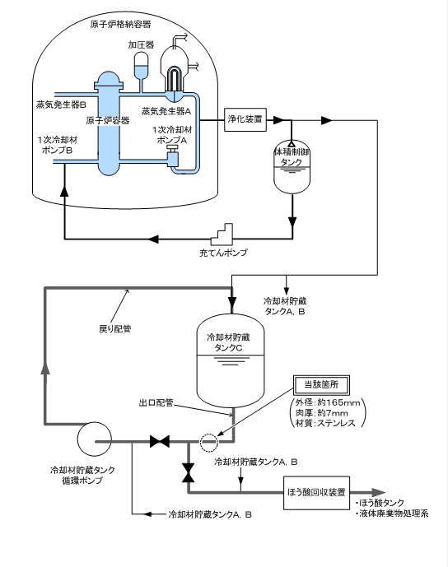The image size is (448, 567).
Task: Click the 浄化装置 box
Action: [x=245, y=119]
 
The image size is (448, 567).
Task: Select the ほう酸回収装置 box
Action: [x=316, y=492]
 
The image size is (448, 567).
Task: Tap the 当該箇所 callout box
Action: [x=321, y=385]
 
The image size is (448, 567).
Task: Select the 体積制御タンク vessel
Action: [x=292, y=167]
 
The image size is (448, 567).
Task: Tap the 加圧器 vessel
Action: [x=141, y=66]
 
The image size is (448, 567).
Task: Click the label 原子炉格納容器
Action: [x=120, y=24]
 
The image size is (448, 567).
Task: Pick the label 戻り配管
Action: [x=115, y=328]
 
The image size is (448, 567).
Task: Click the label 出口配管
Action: [x=156, y=402]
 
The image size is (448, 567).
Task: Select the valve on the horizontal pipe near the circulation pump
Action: [x=160, y=442]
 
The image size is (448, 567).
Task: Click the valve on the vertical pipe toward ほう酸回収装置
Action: [x=188, y=472]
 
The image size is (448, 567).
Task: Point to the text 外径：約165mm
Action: [x=328, y=402]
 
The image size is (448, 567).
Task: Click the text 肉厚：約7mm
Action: [x=322, y=413]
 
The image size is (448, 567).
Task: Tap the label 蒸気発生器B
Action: [x=61, y=105]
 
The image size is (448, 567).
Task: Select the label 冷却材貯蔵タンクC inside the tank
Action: [x=228, y=342]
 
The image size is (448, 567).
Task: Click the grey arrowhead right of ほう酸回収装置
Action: [x=379, y=492]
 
